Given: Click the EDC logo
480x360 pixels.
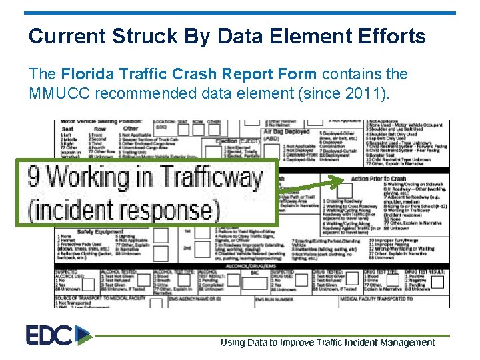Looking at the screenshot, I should click(x=59, y=335).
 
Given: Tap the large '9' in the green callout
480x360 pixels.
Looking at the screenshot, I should click(x=35, y=178).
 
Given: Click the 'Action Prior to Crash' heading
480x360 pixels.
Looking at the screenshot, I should click(x=379, y=179).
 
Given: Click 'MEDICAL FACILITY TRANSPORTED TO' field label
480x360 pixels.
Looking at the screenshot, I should click(x=377, y=299).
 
